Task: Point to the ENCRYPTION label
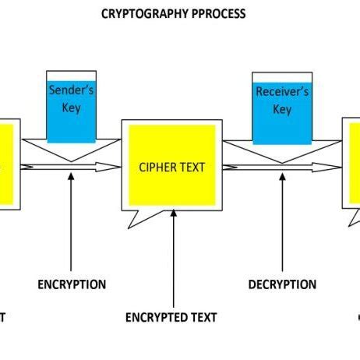click(x=72, y=284)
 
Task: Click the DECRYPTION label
click(x=282, y=284)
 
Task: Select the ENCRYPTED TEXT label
click(x=171, y=317)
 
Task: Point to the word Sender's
click(x=72, y=90)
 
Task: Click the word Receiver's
click(x=282, y=92)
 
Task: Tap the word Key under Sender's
click(x=72, y=108)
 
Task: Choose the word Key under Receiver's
click(x=282, y=110)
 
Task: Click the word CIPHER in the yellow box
click(x=155, y=167)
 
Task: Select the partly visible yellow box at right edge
click(x=353, y=164)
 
